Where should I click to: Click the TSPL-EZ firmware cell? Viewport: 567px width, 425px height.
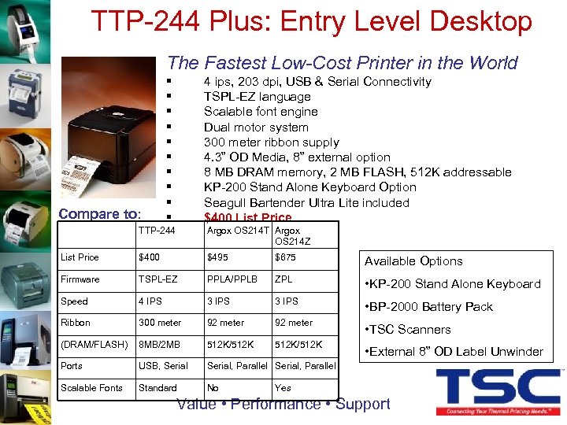tap(157, 279)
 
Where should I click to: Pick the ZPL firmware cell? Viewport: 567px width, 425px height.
tap(283, 279)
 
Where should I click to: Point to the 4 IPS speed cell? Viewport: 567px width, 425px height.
tap(151, 301)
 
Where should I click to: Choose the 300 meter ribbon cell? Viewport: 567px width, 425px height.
tap(160, 323)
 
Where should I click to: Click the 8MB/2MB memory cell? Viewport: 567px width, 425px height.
tap(160, 344)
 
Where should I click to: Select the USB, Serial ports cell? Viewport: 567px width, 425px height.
tap(163, 366)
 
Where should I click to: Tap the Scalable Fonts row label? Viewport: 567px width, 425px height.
tap(91, 388)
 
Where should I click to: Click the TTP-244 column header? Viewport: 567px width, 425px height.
tap(157, 231)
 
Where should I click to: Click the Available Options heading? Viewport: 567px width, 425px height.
tap(413, 261)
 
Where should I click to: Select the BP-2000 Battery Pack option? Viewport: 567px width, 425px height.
tap(428, 307)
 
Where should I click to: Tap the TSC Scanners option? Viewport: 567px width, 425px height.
tap(406, 330)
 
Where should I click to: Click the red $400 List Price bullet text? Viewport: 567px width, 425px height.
tap(247, 217)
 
